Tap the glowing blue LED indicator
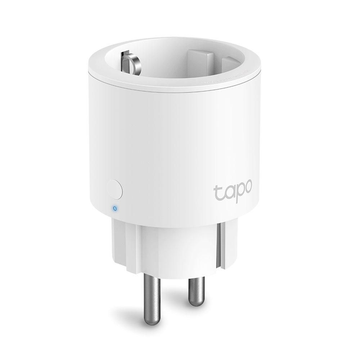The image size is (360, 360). [115, 208]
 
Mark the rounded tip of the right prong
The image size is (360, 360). [196, 304]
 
